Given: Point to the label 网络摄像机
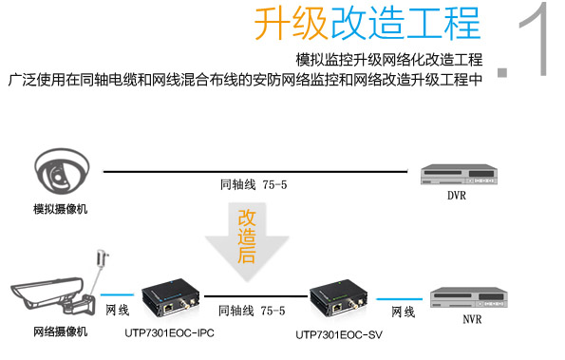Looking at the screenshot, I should pos(60,332).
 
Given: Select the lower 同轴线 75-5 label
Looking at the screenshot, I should pos(252,310).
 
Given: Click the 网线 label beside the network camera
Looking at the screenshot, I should pos(117,310).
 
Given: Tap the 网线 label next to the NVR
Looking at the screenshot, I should pos(403,311).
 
